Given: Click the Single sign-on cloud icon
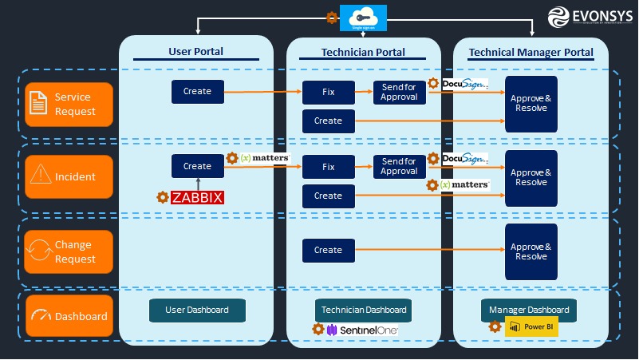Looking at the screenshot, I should click(x=363, y=17).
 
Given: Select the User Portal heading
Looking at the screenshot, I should click(x=195, y=52).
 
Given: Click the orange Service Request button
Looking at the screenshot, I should click(x=69, y=105).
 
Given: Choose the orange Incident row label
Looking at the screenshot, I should click(x=69, y=177).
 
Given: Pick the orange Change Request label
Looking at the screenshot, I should click(x=69, y=251).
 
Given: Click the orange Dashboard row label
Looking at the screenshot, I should click(x=69, y=316).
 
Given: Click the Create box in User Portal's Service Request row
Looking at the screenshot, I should click(x=197, y=92).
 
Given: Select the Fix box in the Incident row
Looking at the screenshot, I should click(x=328, y=168).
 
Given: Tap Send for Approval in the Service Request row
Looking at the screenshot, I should click(x=399, y=92).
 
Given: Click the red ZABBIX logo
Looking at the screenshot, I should click(x=197, y=197).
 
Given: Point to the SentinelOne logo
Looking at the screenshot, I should click(x=361, y=330).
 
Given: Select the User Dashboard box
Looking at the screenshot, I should click(x=197, y=310).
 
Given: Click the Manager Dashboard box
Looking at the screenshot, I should click(x=530, y=310).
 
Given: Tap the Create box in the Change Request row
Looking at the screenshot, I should click(x=328, y=250).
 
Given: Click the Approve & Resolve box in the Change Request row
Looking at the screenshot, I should click(x=531, y=251).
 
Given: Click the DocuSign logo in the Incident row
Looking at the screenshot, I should click(x=464, y=159).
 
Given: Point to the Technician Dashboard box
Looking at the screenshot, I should click(x=364, y=310).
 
